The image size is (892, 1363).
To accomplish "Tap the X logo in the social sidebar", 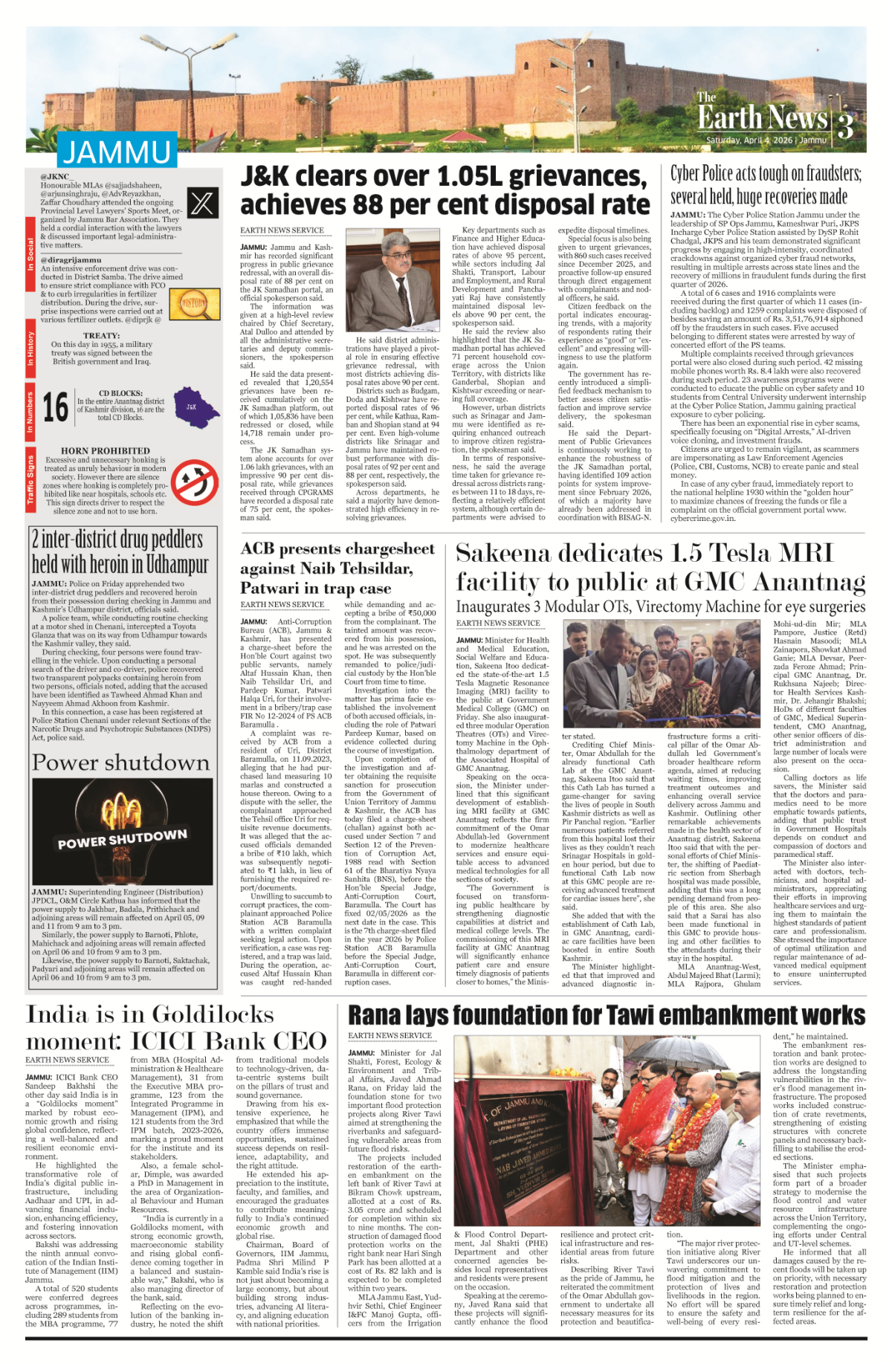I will point(202,203).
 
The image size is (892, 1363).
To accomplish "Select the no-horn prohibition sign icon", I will point(195,482).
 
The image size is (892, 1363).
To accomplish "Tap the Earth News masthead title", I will point(762,117).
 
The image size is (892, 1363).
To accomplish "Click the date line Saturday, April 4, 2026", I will point(766,140).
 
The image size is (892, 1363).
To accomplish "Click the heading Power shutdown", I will point(120,763).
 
